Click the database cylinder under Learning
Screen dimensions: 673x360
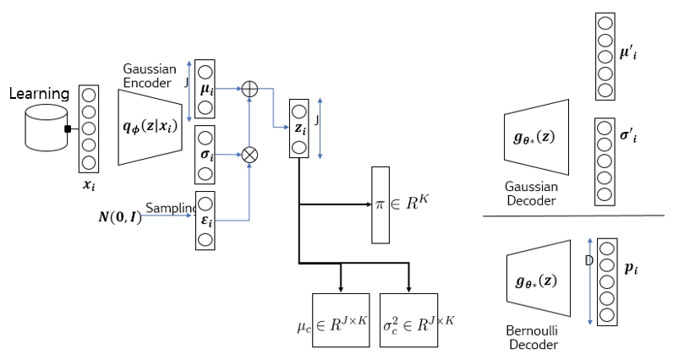47,128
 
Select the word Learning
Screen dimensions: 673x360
39,94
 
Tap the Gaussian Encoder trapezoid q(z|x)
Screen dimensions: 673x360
150,127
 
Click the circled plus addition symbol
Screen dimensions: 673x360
249,89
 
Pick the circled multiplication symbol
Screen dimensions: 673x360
249,155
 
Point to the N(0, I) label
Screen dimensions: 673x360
120,217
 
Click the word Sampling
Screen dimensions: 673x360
171,208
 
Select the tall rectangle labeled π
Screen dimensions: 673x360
380,205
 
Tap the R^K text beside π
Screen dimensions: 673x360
417,203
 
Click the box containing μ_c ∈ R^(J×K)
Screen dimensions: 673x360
341,320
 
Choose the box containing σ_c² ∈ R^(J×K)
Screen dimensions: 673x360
408,320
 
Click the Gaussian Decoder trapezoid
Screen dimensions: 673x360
537,137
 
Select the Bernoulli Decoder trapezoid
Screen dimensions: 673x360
539,278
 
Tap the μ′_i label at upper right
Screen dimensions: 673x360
628,53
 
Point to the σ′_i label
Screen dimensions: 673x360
628,136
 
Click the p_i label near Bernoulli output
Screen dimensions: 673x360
631,268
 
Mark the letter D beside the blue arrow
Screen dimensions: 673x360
588,260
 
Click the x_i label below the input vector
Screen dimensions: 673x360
89,185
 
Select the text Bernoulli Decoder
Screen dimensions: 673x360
532,338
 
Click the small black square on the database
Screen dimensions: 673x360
68,128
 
